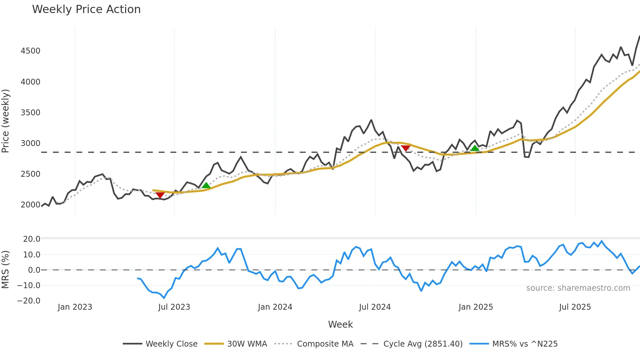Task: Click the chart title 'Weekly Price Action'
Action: [86, 9]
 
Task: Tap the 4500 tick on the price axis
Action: [30, 51]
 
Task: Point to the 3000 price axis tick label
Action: [30, 143]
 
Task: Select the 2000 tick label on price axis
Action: [30, 205]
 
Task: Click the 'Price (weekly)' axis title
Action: [6, 121]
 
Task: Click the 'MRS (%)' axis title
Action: [6, 270]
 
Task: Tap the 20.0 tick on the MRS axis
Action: [32, 239]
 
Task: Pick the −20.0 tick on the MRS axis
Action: [29, 301]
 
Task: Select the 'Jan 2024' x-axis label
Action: [275, 307]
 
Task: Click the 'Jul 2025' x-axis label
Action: [575, 307]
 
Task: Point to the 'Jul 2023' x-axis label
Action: [174, 307]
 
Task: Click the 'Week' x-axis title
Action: [340, 324]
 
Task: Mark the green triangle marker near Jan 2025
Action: [475, 148]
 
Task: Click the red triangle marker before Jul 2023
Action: [160, 195]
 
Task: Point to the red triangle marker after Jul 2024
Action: [406, 148]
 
